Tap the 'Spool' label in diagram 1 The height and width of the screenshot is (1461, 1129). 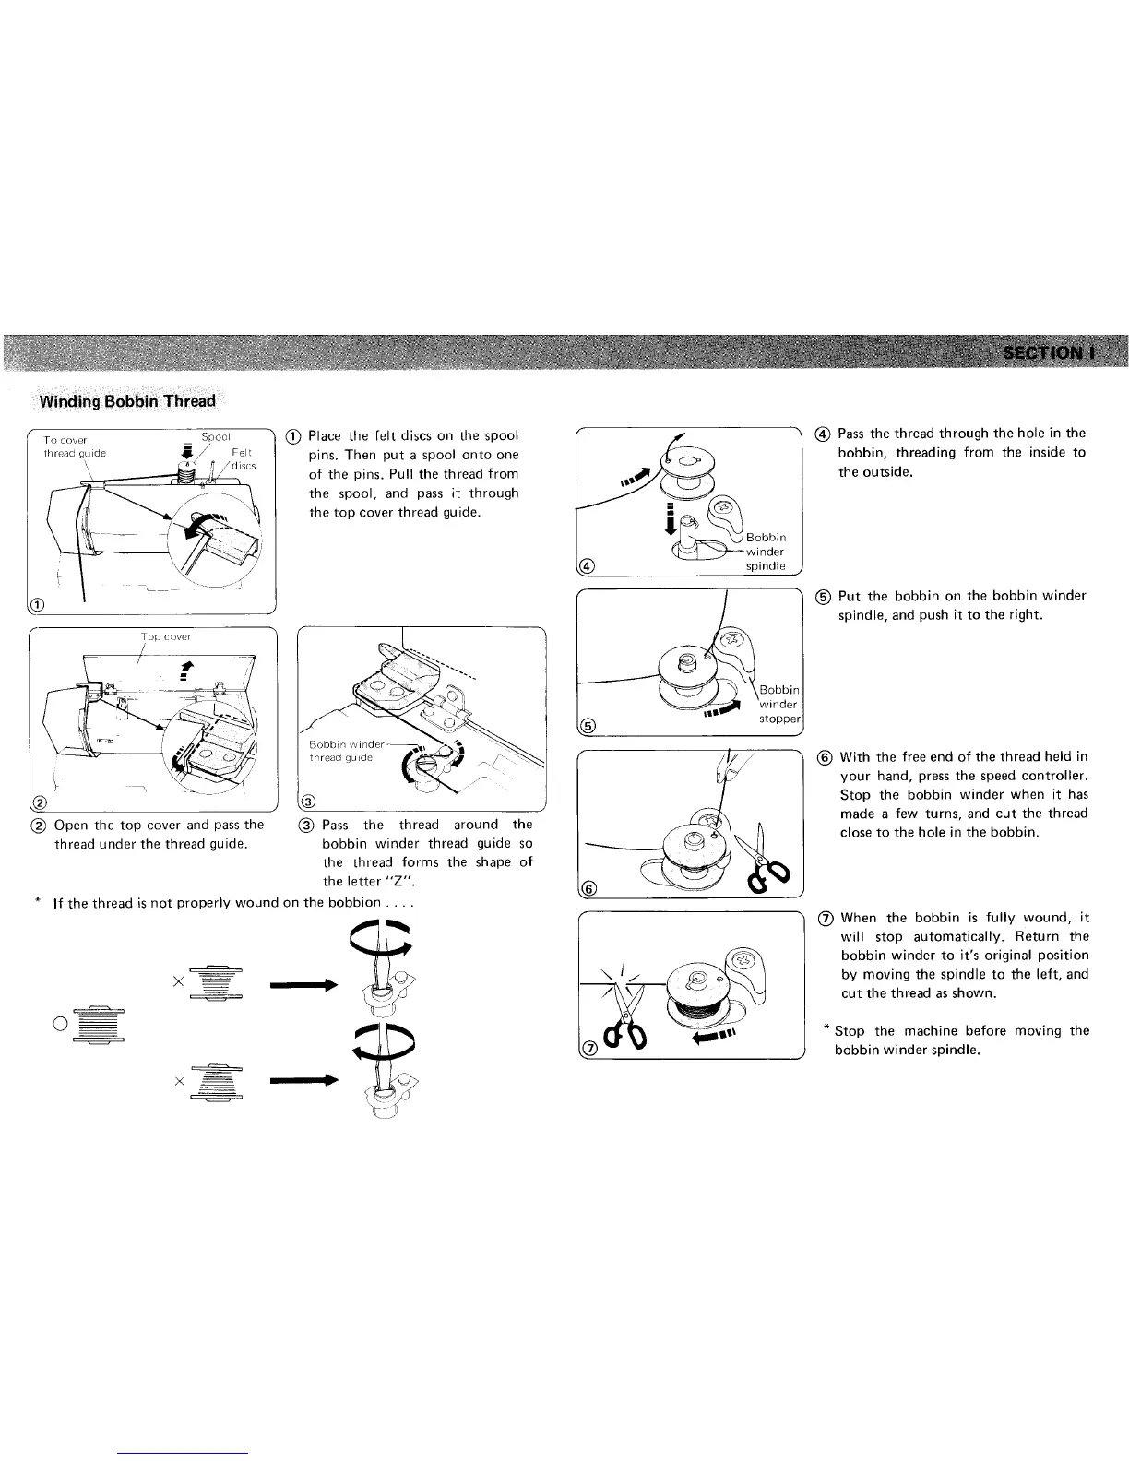pyautogui.click(x=216, y=436)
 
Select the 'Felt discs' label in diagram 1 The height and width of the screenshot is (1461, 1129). pyautogui.click(x=242, y=458)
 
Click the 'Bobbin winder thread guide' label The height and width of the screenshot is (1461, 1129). pyautogui.click(x=341, y=751)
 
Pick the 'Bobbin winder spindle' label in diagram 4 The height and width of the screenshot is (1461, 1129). pyautogui.click(x=766, y=552)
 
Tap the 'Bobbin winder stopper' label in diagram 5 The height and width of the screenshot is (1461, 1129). pyautogui.click(x=779, y=704)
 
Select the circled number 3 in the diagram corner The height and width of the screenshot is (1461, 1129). pyautogui.click(x=310, y=799)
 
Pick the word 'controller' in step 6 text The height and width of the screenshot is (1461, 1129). pyautogui.click(x=1051, y=775)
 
